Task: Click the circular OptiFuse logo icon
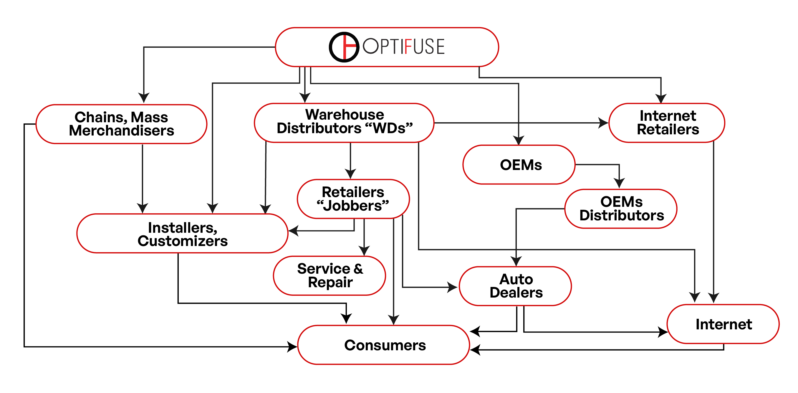pos(344,47)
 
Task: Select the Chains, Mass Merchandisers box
pos(121,124)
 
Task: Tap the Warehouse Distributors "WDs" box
pos(344,123)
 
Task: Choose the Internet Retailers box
pos(667,123)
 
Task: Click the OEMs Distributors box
pos(621,209)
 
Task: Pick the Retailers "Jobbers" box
pos(353,199)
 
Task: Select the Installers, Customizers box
pos(183,233)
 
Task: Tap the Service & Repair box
pos(329,275)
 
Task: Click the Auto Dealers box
pos(515,286)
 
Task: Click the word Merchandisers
pos(121,131)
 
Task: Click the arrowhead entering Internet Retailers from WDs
pos(603,123)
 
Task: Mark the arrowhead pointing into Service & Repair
pos(364,250)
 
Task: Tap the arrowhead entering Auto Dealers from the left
pos(453,287)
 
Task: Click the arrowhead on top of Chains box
pos(144,98)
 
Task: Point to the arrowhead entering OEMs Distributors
pos(619,183)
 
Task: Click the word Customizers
pos(183,241)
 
